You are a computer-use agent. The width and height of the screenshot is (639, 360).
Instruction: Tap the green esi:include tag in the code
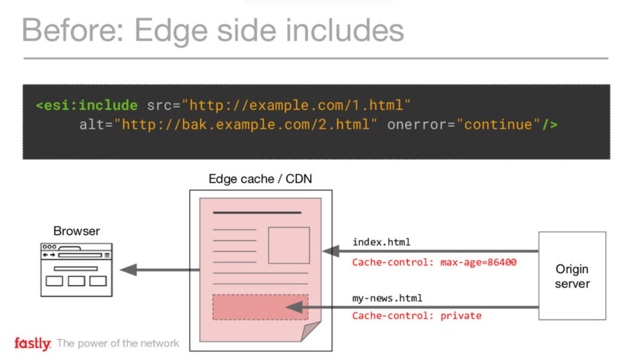[86, 105]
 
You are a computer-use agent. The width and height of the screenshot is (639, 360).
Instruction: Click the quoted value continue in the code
[498, 125]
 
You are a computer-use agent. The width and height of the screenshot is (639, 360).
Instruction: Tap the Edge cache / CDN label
[260, 179]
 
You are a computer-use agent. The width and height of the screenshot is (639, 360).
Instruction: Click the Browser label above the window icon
[76, 231]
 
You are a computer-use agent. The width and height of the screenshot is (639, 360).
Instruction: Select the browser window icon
[76, 269]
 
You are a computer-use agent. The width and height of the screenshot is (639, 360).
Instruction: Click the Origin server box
[572, 275]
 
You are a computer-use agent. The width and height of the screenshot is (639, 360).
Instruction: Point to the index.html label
[381, 242]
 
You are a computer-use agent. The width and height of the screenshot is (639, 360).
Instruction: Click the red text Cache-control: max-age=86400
[434, 262]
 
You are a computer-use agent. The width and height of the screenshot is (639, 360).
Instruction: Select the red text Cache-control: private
[416, 316]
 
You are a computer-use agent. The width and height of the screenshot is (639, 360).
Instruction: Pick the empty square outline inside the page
[289, 245]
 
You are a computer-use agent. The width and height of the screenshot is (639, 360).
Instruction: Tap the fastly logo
[32, 343]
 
